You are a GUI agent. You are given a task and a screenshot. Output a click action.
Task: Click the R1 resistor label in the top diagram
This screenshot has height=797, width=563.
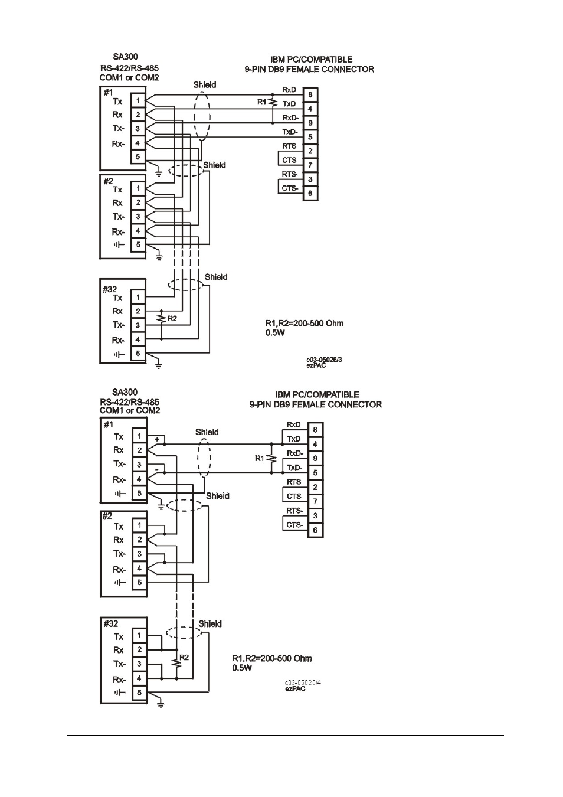coord(262,102)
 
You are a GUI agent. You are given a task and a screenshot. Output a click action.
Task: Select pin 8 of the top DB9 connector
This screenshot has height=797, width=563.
coord(310,95)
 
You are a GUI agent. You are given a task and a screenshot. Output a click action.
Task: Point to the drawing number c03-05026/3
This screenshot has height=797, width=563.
coord(324,360)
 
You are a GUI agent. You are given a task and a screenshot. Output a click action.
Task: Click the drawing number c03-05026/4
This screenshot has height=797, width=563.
coord(303,682)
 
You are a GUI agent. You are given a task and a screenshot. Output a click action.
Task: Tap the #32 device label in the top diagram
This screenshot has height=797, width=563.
coord(110,289)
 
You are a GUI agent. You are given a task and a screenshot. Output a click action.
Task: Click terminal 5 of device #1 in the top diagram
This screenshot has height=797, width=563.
coord(138,157)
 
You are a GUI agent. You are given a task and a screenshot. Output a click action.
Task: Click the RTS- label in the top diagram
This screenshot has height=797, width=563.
coord(290,174)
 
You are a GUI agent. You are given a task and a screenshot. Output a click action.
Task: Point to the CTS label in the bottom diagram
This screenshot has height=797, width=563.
coord(294,496)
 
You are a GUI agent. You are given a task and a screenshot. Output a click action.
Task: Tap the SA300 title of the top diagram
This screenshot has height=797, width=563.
coord(125,57)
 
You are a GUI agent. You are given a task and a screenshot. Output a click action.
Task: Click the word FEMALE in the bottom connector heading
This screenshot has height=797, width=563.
coord(310,404)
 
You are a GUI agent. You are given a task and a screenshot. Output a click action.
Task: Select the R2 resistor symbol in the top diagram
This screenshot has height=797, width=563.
coord(161,318)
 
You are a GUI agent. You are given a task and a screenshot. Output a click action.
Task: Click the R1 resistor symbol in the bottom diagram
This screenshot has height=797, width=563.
coord(271,458)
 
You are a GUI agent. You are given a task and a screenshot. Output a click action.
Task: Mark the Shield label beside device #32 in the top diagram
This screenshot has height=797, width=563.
coord(216,277)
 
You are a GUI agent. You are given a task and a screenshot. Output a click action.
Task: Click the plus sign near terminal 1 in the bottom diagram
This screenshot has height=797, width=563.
coord(157,439)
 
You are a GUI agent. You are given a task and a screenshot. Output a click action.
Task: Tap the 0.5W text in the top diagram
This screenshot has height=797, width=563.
coord(275,333)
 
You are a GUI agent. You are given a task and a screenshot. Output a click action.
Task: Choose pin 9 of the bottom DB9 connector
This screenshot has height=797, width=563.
coord(315,458)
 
